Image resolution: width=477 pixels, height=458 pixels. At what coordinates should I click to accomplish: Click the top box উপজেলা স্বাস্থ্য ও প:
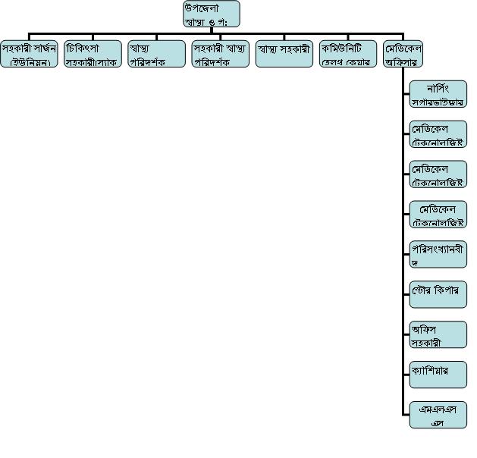point(212,14)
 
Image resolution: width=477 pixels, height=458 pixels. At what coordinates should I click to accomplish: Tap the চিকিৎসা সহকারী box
point(93,54)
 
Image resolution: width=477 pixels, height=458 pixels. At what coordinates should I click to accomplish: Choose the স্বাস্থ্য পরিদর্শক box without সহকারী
point(156,54)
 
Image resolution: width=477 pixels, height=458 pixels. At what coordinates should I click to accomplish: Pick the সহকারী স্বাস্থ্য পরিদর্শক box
point(220,54)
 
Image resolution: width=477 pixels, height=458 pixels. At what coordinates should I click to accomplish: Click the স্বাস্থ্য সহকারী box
point(284,54)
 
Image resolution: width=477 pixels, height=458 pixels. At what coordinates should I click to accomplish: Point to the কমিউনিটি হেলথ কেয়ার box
point(347,54)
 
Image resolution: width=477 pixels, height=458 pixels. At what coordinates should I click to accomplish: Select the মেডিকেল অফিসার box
point(403,54)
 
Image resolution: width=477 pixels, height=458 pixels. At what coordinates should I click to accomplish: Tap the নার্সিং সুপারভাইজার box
point(438,93)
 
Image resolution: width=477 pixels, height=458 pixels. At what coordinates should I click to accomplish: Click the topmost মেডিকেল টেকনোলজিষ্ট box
point(438,133)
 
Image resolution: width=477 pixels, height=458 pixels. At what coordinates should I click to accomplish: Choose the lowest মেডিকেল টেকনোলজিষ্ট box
point(438,215)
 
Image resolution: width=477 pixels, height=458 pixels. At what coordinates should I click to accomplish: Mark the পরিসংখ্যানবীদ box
point(438,254)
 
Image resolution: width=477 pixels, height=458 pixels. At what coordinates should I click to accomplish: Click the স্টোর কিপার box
point(438,293)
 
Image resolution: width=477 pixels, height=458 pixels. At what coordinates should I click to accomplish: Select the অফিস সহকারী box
point(438,334)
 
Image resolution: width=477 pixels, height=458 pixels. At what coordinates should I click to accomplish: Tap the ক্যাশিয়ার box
point(438,374)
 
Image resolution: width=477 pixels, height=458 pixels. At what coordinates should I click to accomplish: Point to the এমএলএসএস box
point(438,415)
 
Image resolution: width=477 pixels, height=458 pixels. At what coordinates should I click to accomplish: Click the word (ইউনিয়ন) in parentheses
point(30,62)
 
